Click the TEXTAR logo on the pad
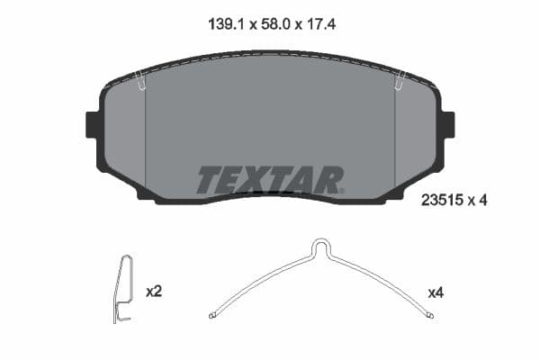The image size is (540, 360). coord(270,180)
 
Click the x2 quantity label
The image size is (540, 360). coord(153,292)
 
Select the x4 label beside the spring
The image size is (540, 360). coord(436,292)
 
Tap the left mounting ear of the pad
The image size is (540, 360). coord(93,124)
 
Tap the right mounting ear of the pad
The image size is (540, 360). coord(446,124)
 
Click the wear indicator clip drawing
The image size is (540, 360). coord(125,288)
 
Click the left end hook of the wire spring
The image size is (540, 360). coord(211,315)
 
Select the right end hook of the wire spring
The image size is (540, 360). coord(432,315)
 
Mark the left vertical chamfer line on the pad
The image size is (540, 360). coord(145,135)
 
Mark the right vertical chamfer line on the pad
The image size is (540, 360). coord(395,135)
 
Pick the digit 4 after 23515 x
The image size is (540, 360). coord(483,202)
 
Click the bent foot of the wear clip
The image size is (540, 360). coord(123,317)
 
